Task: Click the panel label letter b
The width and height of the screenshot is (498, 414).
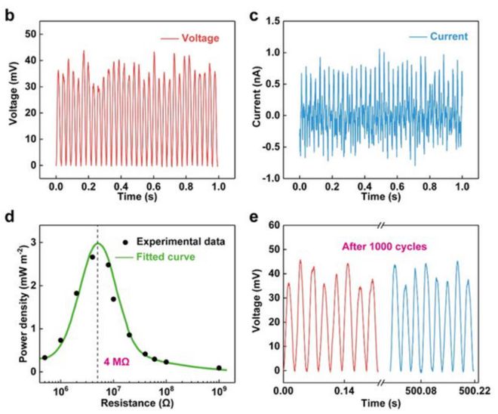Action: tap(10, 14)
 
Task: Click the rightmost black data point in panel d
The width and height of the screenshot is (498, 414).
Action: tap(220, 368)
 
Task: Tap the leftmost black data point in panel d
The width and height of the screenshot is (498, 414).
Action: tap(45, 357)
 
